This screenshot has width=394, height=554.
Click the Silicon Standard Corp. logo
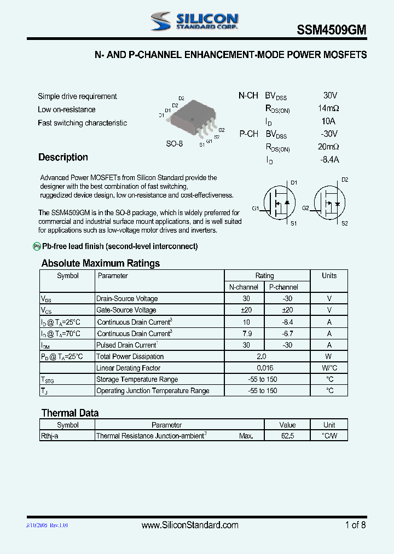(x=194, y=21)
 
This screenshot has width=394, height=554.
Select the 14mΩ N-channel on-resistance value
(x=328, y=108)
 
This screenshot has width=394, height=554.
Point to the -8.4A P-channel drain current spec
(x=329, y=159)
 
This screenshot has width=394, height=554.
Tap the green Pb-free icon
(x=37, y=246)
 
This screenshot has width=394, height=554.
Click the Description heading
(x=63, y=158)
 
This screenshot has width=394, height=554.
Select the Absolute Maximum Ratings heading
(x=101, y=263)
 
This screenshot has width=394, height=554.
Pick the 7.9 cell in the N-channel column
(x=246, y=333)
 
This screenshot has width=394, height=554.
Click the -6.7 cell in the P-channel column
(x=288, y=333)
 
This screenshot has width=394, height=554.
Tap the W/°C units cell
(x=329, y=368)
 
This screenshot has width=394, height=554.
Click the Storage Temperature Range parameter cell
(x=137, y=379)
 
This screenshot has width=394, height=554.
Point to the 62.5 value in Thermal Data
(x=287, y=436)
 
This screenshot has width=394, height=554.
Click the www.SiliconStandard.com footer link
(x=190, y=525)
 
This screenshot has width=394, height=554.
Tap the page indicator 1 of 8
(x=355, y=525)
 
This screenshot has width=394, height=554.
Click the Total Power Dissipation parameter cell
(x=130, y=356)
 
